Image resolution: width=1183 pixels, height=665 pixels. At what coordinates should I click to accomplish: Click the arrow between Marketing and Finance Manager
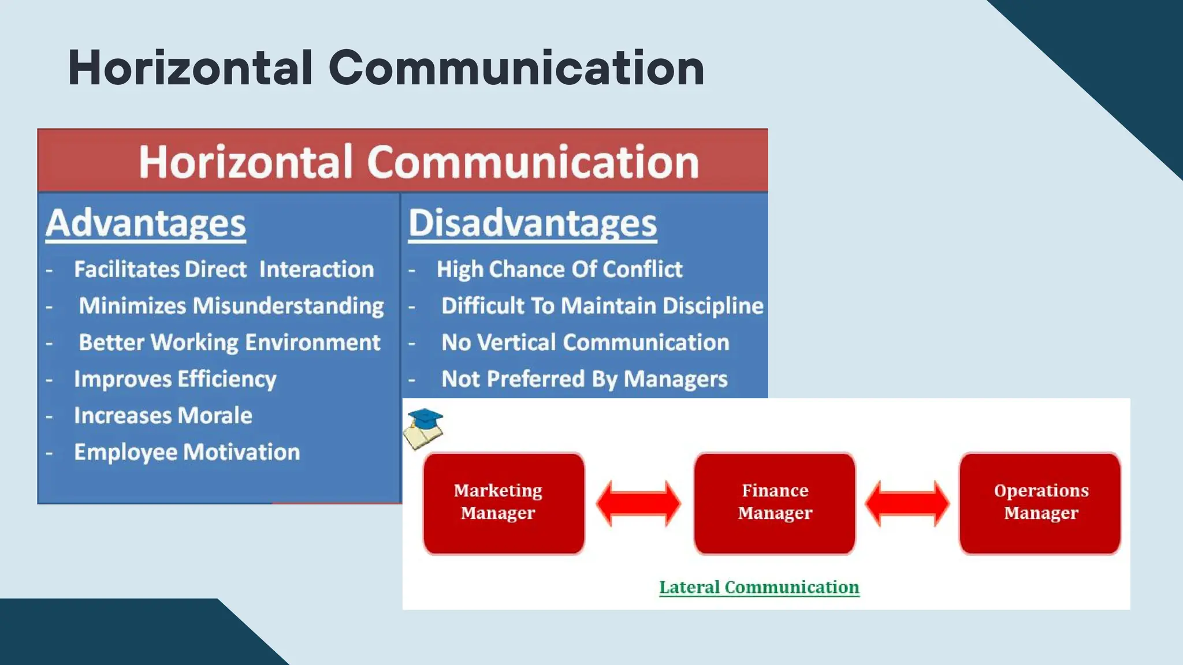click(x=638, y=503)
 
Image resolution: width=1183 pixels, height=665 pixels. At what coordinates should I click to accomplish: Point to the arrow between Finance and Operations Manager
click(x=907, y=503)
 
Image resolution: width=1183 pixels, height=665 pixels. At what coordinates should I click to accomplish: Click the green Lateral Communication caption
click(x=759, y=587)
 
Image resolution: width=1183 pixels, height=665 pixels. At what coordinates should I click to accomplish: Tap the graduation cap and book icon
click(x=423, y=429)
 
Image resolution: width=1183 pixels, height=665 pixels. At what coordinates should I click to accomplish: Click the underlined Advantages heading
click(x=146, y=223)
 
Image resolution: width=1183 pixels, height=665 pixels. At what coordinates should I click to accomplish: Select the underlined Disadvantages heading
click(x=532, y=223)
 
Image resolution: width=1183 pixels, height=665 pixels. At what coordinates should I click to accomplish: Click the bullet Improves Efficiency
click(x=175, y=379)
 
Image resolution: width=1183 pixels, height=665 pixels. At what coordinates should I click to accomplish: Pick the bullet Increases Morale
click(x=163, y=416)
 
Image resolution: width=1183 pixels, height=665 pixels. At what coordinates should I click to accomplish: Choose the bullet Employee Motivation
click(x=187, y=452)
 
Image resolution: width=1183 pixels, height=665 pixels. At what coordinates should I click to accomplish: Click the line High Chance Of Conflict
click(x=559, y=270)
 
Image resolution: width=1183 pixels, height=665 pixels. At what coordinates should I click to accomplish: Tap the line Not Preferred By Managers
click(x=584, y=379)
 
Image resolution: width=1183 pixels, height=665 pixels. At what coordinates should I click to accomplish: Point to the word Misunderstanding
click(x=288, y=307)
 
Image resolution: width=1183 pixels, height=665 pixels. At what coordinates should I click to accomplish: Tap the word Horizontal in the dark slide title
click(x=191, y=68)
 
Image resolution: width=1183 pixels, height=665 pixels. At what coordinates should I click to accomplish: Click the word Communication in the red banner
click(x=533, y=162)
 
